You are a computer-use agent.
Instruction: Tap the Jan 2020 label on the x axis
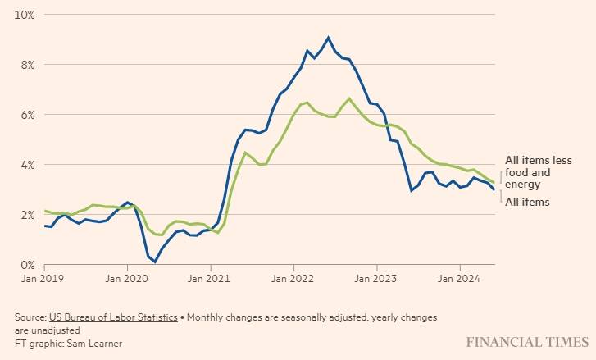[x=127, y=280]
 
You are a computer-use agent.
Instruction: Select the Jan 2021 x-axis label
[x=211, y=280]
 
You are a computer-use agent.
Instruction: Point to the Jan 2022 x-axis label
[x=293, y=280]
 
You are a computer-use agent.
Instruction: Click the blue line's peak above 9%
[x=329, y=38]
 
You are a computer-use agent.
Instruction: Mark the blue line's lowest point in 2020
[x=155, y=262]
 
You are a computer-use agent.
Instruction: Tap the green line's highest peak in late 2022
[x=349, y=99]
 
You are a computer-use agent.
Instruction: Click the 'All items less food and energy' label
[x=538, y=173]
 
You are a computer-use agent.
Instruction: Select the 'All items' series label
[x=527, y=202]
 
